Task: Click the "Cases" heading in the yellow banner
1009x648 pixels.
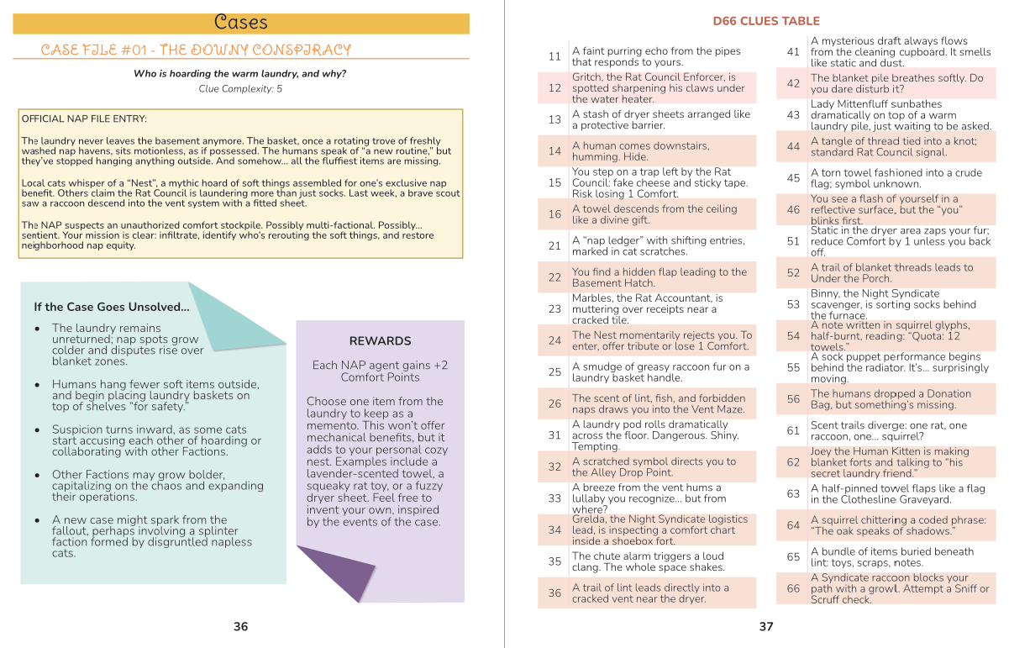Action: (240, 23)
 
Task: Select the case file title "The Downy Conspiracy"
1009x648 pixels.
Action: (196, 50)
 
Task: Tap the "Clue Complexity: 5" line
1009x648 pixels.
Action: (240, 88)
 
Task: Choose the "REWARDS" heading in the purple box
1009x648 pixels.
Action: (380, 341)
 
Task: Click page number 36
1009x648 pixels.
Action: (240, 626)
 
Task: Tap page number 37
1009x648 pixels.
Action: (765, 626)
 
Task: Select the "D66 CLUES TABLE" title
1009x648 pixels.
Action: (765, 21)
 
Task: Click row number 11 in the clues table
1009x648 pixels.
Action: (554, 56)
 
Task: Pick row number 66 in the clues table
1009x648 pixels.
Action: (793, 589)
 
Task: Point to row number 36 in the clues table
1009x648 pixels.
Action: (554, 593)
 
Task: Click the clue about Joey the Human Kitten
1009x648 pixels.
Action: (890, 462)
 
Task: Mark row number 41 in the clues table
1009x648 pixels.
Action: (793, 51)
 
